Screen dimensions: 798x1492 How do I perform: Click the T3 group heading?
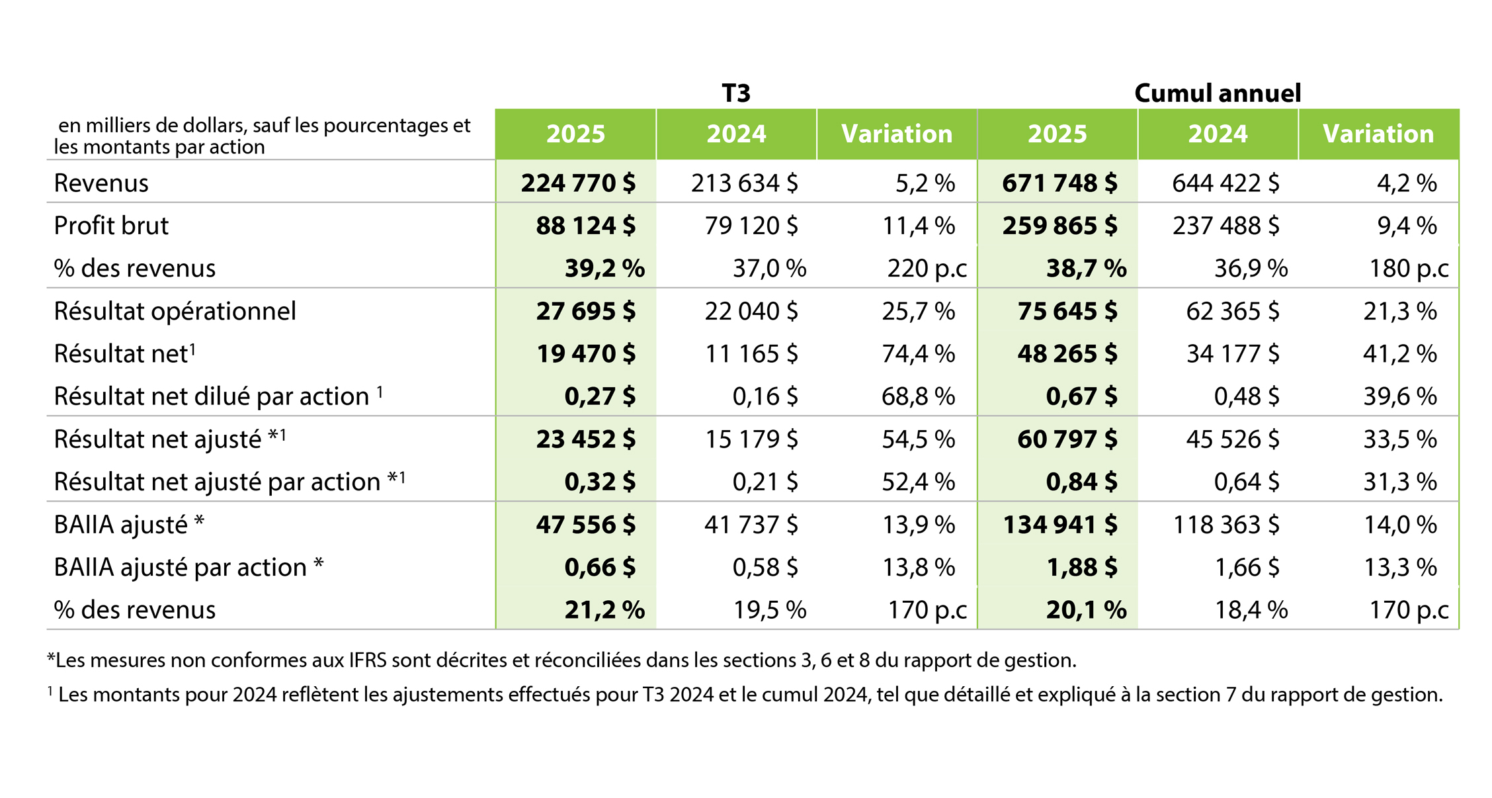click(x=735, y=93)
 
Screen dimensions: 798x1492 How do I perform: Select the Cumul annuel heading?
click(x=1217, y=93)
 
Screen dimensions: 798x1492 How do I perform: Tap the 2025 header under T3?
click(x=575, y=134)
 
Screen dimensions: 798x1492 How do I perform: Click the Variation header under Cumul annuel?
click(x=1378, y=134)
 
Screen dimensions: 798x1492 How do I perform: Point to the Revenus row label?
click(x=101, y=183)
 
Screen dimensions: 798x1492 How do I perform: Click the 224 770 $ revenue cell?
click(x=578, y=183)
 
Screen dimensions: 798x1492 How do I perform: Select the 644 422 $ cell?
click(x=1225, y=183)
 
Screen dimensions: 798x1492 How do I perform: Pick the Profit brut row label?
click(x=111, y=226)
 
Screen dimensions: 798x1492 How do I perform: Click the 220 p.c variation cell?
click(x=927, y=269)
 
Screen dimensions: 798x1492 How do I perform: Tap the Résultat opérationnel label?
click(x=175, y=311)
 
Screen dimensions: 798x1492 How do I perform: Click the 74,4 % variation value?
click(x=918, y=354)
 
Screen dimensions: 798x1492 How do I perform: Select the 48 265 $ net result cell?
click(x=1067, y=354)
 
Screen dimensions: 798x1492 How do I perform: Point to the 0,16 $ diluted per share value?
click(x=765, y=396)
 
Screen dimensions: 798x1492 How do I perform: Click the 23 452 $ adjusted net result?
click(x=585, y=439)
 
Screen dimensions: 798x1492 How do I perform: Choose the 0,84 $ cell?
click(x=1081, y=482)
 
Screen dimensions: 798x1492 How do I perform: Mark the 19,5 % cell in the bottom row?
click(x=769, y=610)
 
